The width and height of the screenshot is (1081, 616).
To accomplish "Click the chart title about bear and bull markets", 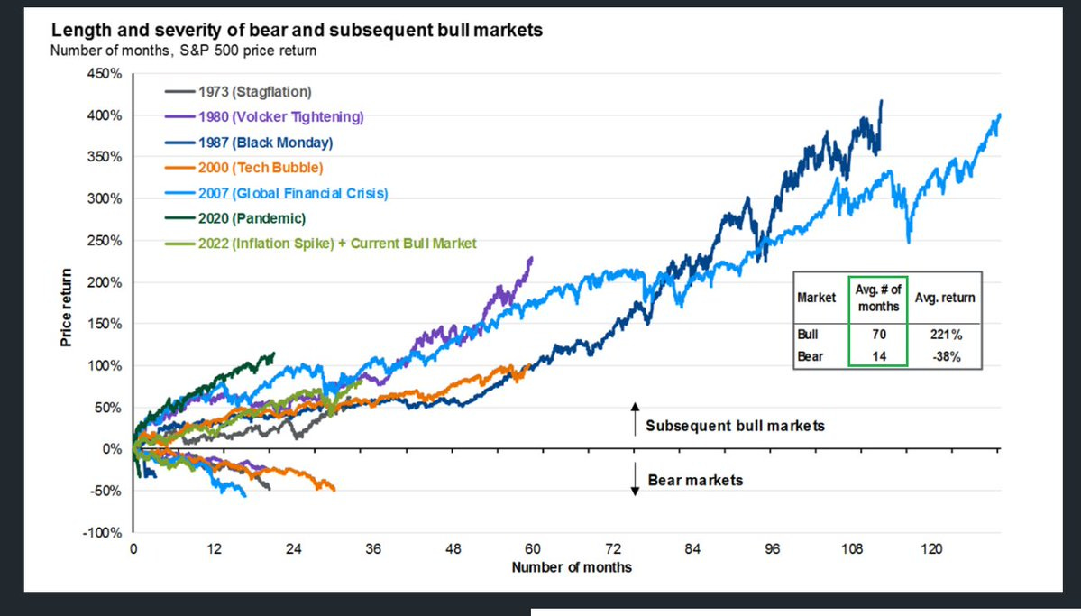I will click(297, 31).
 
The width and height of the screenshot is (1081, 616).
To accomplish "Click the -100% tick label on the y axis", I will click(102, 532).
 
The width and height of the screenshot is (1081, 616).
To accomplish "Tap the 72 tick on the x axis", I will click(613, 548).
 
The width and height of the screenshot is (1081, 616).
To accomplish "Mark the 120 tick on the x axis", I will click(931, 548).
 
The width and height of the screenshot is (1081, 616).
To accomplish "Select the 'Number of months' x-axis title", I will click(572, 567).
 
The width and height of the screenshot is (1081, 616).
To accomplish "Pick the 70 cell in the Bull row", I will click(878, 334).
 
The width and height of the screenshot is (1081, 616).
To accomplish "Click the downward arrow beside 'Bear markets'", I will click(634, 479).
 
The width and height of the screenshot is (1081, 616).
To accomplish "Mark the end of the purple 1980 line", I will click(532, 258).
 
